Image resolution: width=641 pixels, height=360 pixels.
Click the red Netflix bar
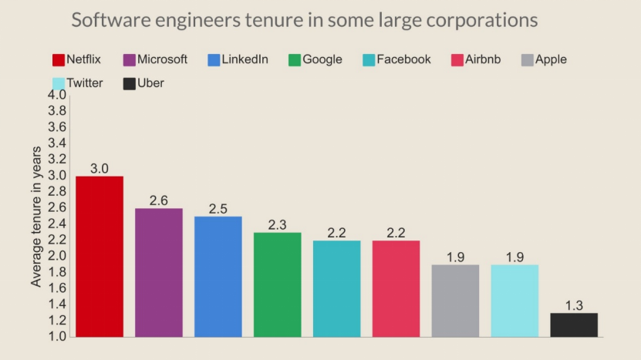[x=100, y=257]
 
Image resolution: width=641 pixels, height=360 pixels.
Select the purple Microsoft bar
[x=159, y=272]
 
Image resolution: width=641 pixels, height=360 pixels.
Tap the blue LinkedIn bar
[x=218, y=276]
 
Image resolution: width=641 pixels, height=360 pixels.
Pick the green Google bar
[x=278, y=284]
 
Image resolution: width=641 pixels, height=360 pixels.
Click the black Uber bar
[x=574, y=325]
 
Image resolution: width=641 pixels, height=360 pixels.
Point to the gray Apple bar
[x=455, y=301]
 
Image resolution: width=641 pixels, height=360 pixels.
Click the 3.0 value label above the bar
[x=100, y=168]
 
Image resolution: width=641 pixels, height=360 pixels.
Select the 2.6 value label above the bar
[x=159, y=200]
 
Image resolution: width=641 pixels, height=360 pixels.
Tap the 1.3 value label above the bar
[x=574, y=305]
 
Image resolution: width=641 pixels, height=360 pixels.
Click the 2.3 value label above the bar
[x=278, y=225]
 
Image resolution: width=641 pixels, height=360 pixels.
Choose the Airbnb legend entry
[x=476, y=59]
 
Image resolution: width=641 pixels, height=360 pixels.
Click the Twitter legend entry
[x=79, y=82]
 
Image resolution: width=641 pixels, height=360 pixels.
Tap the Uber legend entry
[x=144, y=82]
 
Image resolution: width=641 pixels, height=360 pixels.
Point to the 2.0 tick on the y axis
[x=57, y=256]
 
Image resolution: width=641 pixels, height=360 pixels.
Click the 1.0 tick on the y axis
[x=57, y=337]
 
